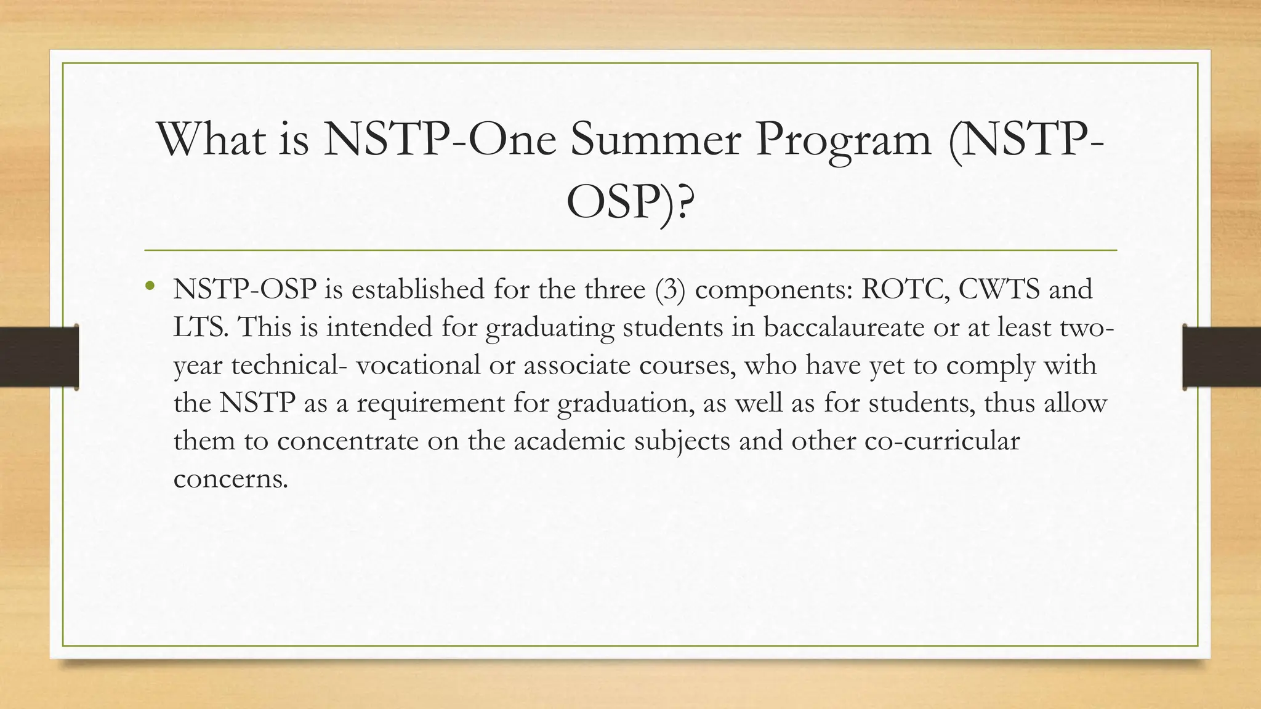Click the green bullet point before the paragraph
coord(148,286)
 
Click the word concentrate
coord(347,441)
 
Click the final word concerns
coord(230,479)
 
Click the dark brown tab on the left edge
coord(39,357)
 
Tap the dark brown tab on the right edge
coord(1222,357)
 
